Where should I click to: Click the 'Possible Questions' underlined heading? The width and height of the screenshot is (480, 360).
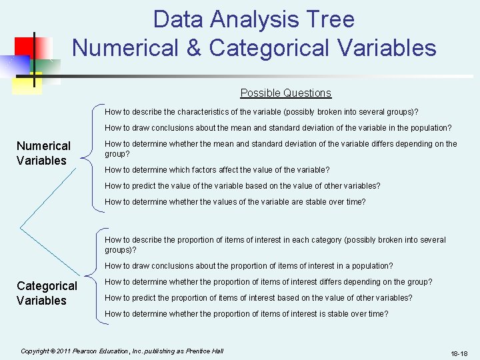pos(285,93)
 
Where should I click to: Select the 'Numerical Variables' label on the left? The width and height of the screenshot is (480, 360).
pos(43,153)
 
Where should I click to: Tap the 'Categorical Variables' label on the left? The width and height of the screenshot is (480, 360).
pos(47,293)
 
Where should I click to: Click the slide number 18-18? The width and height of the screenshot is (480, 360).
pos(459,353)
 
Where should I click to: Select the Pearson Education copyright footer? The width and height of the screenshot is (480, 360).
pos(122,351)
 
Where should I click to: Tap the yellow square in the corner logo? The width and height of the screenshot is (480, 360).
pos(29,80)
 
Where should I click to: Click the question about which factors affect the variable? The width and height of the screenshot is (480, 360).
pos(217,170)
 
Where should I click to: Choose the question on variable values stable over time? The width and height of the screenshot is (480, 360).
pos(235,202)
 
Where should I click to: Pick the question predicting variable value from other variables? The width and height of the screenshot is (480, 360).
pos(243,186)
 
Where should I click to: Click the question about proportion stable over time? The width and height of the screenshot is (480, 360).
pos(246,314)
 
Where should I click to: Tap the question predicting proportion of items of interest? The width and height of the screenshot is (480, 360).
pos(258,298)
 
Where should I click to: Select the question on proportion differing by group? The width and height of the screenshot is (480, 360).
pos(268,282)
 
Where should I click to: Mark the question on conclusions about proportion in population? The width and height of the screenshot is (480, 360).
pos(249,266)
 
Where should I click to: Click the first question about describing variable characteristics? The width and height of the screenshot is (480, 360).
pos(261,111)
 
